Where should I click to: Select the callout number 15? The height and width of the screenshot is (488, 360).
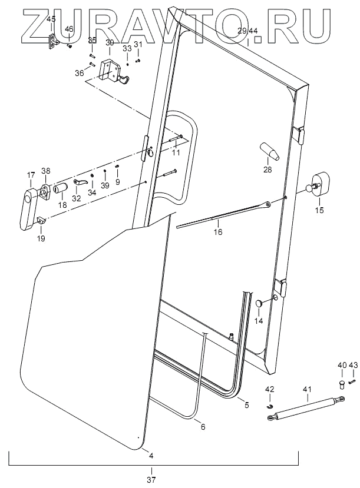coord(320,210)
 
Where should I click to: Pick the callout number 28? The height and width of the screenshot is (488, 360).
coord(268,171)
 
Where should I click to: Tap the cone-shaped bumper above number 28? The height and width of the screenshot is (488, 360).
coord(269,151)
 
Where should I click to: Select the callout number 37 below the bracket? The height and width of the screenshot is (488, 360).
coord(151,480)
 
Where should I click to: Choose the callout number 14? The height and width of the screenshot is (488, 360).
coord(258,321)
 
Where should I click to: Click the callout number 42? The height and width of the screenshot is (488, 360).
coord(269,389)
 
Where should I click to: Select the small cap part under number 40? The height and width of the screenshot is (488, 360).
coord(342,384)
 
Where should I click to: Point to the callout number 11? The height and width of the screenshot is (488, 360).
coord(176,152)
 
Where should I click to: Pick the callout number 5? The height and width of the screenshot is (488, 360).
coord(247,406)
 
